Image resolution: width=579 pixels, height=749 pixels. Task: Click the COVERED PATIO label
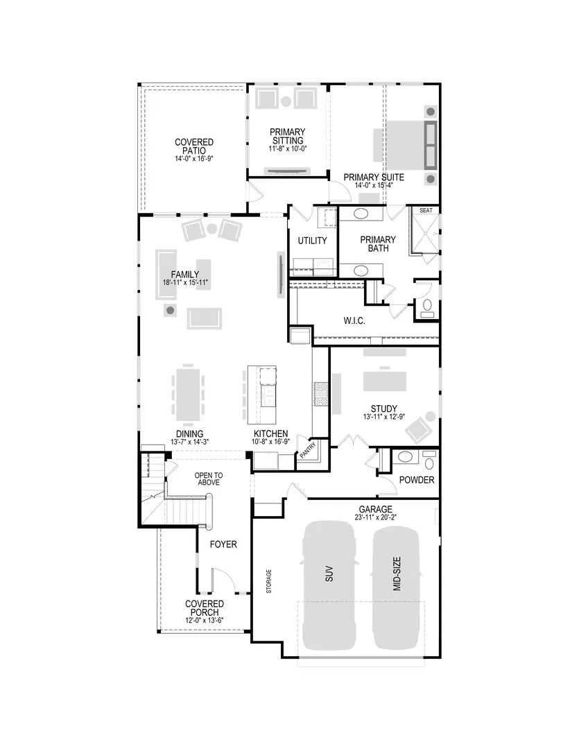(x=193, y=146)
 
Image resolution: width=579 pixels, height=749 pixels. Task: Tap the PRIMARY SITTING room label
(x=288, y=136)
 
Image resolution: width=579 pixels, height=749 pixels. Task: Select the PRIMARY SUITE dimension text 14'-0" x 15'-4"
(x=373, y=185)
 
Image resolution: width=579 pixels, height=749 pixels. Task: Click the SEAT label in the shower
(x=426, y=211)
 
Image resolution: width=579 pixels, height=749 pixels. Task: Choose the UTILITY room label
(x=312, y=240)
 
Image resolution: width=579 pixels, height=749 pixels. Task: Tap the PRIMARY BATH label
(x=378, y=244)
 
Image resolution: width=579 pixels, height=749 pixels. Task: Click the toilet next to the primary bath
(x=426, y=307)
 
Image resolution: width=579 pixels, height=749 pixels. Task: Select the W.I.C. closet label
(x=354, y=322)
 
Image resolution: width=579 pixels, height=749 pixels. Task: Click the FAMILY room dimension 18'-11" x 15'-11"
(x=185, y=283)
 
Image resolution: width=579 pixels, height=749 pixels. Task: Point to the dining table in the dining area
(x=189, y=393)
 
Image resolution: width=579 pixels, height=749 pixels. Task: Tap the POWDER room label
(x=417, y=480)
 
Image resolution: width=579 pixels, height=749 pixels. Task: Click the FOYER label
(x=223, y=544)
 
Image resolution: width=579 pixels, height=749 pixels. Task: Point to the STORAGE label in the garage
(x=269, y=581)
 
